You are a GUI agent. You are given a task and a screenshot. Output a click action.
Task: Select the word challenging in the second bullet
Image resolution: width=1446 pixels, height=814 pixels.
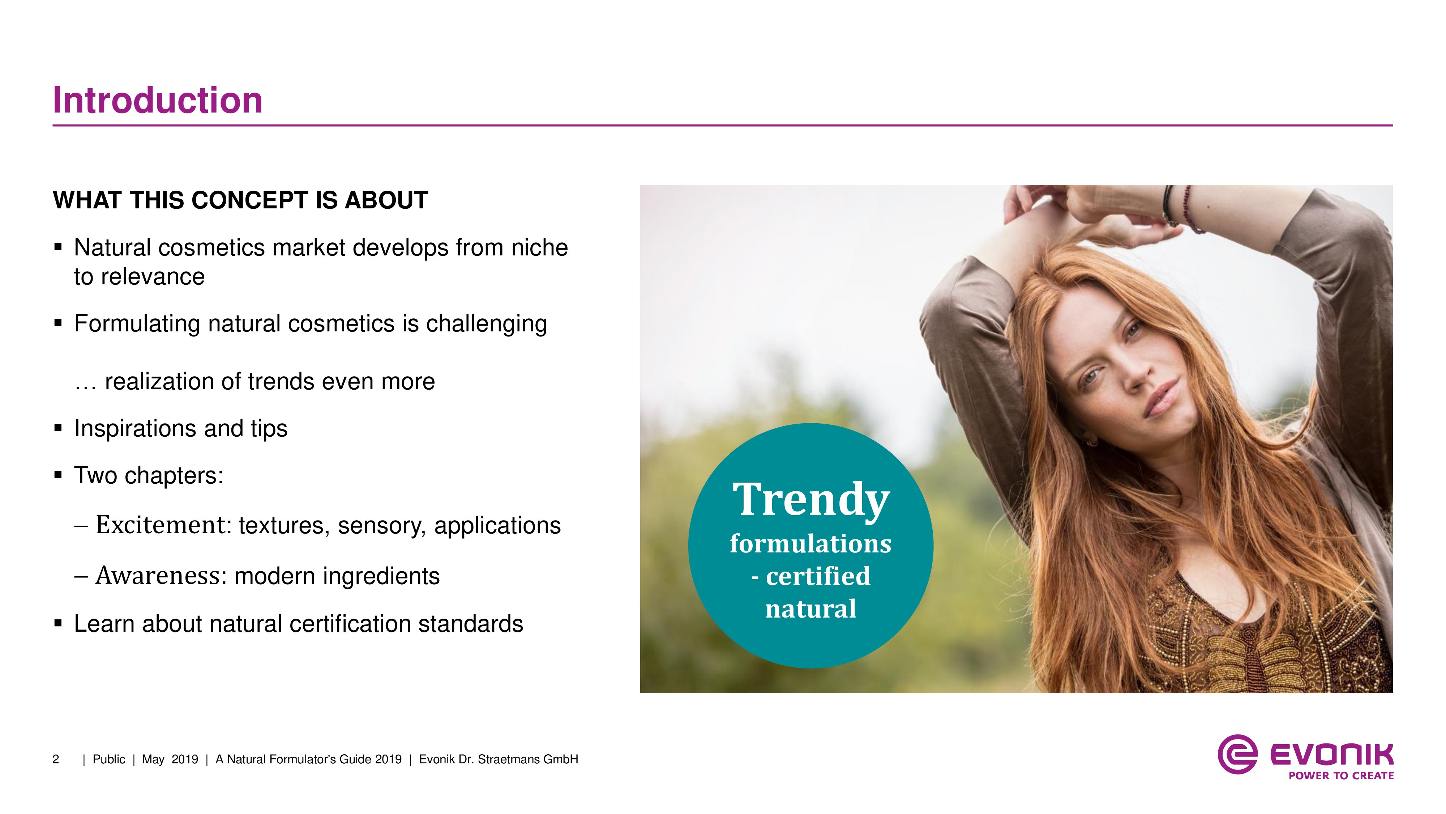tap(486, 324)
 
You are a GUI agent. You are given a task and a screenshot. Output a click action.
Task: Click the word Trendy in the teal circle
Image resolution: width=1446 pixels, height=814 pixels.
tap(811, 499)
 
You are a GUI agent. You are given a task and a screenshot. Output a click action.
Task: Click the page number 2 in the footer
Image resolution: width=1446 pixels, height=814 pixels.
tap(56, 759)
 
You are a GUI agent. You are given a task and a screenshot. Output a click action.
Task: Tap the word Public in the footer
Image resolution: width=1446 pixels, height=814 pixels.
tap(109, 759)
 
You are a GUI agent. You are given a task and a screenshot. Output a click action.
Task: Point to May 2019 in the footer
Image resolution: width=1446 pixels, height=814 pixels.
tap(170, 759)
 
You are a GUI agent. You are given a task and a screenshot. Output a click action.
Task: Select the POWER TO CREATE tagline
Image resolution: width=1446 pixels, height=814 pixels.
tap(1341, 776)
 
